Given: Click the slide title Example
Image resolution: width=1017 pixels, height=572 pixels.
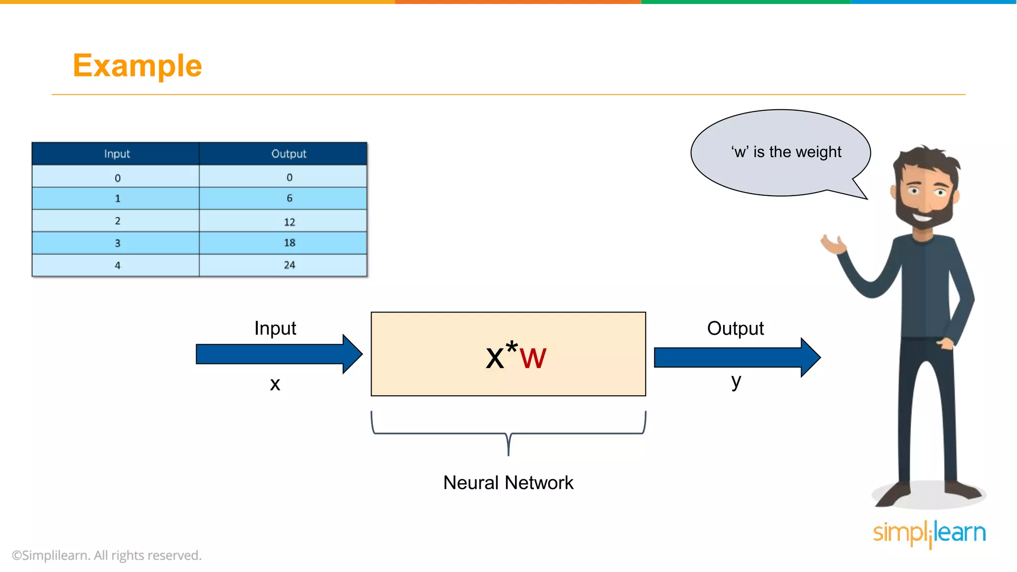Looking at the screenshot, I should click(137, 66).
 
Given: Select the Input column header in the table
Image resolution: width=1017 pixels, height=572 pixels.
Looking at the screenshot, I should click(117, 153).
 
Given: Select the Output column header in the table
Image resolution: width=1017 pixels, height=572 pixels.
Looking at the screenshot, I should click(289, 153).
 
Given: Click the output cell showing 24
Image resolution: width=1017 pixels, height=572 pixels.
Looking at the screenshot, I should click(289, 265).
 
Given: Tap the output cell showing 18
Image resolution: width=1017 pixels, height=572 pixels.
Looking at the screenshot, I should click(289, 243).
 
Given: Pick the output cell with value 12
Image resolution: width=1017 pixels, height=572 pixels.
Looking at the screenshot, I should click(289, 221).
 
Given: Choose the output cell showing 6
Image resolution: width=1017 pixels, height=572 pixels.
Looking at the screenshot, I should click(289, 198).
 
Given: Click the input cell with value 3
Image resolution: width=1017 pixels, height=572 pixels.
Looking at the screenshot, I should click(117, 243).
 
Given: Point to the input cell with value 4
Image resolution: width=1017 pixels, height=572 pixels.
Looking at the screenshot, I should click(117, 265).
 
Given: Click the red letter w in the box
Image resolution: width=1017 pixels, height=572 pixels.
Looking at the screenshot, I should click(533, 358).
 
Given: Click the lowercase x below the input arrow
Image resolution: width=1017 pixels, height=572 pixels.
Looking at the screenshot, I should click(275, 384).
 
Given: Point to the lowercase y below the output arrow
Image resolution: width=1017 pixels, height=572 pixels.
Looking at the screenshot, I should click(736, 381).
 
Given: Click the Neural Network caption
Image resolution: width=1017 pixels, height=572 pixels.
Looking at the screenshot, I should click(508, 483).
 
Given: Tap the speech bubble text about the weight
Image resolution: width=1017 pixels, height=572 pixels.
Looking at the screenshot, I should click(786, 152).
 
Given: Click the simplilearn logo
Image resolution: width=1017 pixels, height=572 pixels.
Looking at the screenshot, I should click(929, 533).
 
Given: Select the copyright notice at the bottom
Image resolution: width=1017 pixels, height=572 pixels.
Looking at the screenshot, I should click(107, 555).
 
